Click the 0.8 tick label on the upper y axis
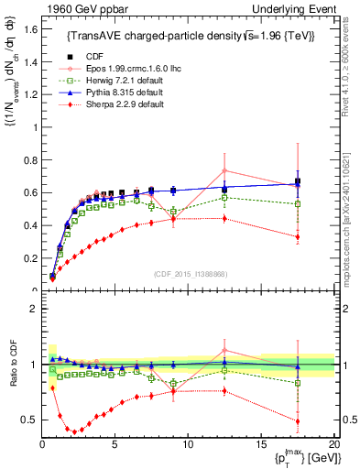coord(29,160)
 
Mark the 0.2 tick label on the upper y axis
coord(29,258)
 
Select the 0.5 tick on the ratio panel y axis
coord(29,420)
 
